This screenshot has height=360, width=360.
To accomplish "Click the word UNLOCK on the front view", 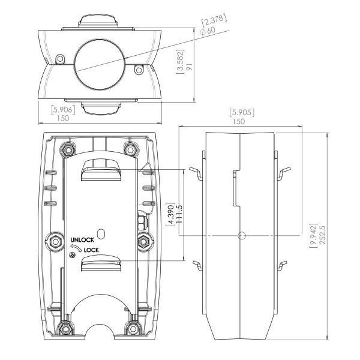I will [x=82, y=239].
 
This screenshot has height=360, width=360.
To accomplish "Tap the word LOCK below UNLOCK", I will [x=91, y=250].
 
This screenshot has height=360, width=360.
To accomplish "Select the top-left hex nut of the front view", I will [x=67, y=148].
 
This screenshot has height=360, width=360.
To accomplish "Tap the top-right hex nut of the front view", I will [x=129, y=148].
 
